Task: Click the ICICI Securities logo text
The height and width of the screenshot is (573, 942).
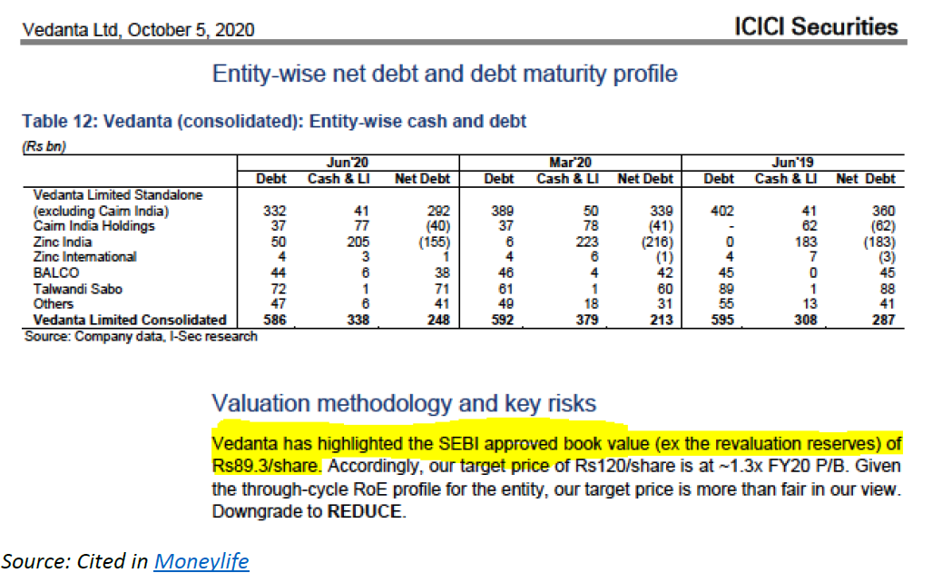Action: pyautogui.click(x=815, y=27)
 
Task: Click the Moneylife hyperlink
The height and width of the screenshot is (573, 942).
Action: pyautogui.click(x=201, y=561)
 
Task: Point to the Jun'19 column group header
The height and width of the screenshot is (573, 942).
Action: pyautogui.click(x=794, y=163)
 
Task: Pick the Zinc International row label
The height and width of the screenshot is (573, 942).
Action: pyautogui.click(x=84, y=257)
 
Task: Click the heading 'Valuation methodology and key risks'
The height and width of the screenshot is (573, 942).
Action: pyautogui.click(x=404, y=403)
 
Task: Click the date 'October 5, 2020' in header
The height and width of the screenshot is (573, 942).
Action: pyautogui.click(x=191, y=30)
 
